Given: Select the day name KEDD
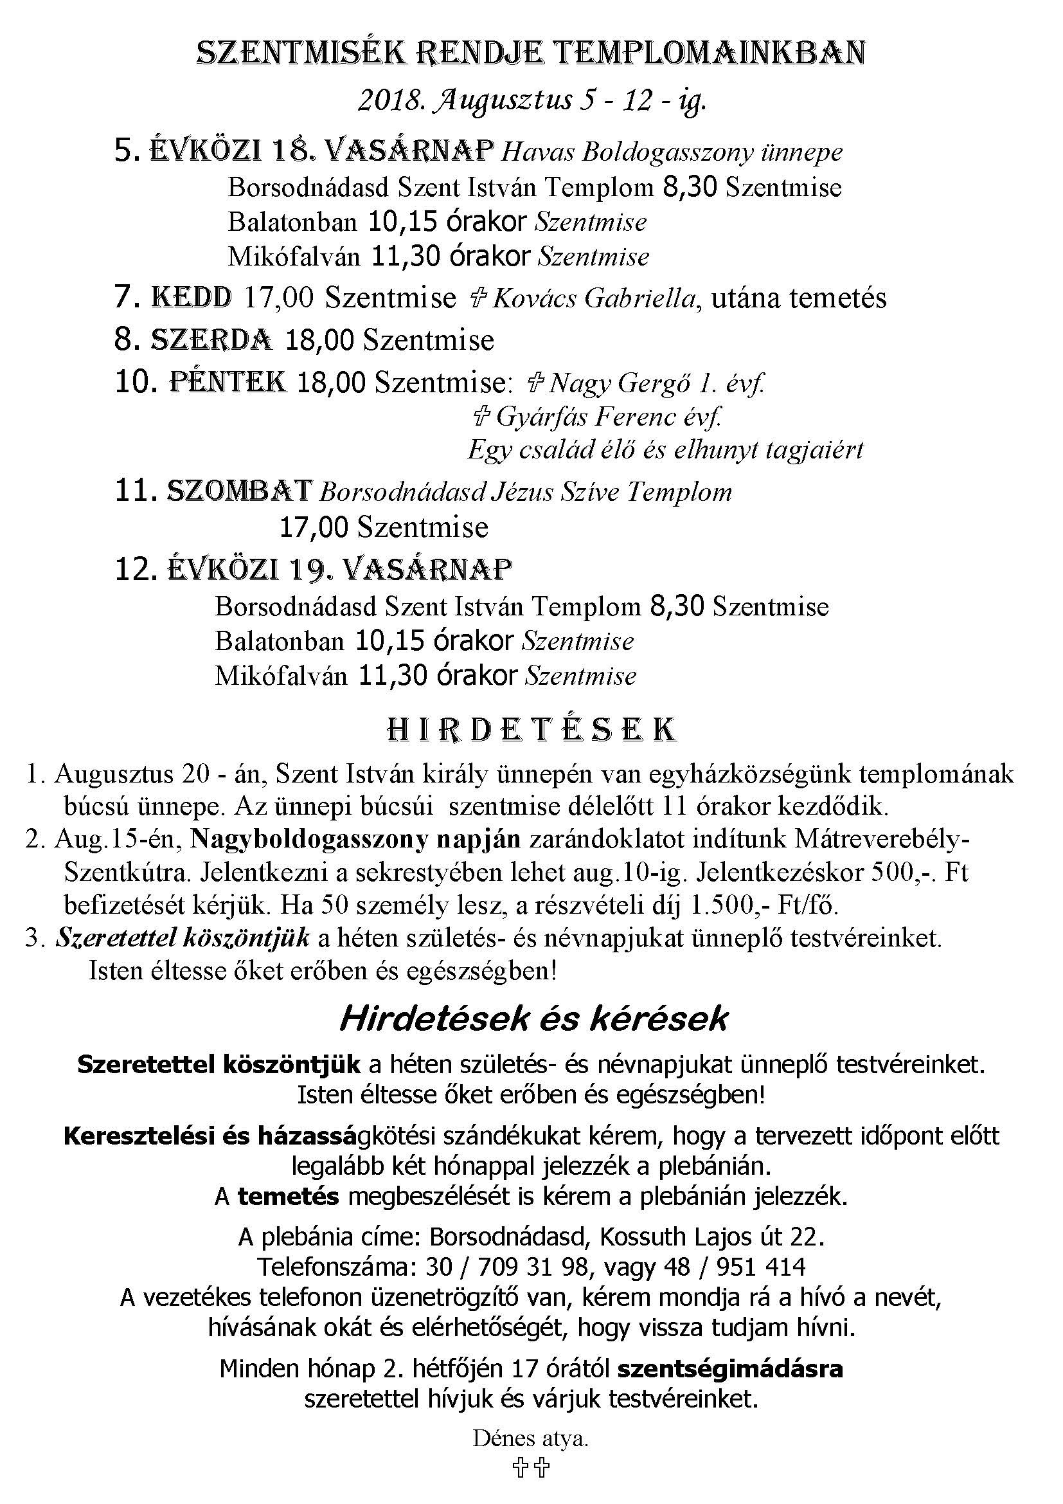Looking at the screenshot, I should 191,298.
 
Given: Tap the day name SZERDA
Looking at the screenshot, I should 211,340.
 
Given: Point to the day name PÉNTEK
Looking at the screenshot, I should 228,382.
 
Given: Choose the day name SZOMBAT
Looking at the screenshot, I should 239,491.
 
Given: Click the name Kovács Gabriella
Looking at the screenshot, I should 593,299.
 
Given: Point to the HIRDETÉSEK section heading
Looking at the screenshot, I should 531,730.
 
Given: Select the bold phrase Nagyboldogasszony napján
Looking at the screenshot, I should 355,840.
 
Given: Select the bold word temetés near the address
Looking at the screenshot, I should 288,1197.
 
